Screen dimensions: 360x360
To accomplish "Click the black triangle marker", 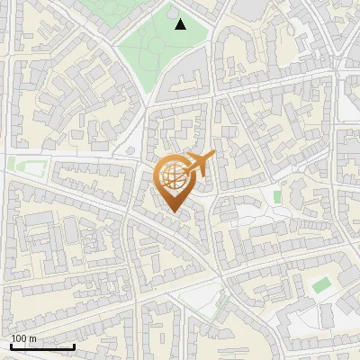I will click(x=180, y=24).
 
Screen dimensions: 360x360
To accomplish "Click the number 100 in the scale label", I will click(x=19, y=338).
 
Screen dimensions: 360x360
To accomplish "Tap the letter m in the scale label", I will click(x=32, y=338).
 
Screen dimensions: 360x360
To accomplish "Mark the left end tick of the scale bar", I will click(x=11, y=346).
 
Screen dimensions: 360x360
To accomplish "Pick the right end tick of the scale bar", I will click(x=74, y=346).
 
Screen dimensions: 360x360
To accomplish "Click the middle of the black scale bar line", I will click(x=42, y=347).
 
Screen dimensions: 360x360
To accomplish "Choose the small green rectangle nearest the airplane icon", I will click(x=277, y=195).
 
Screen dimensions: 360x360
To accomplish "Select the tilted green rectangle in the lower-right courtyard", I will click(x=321, y=285).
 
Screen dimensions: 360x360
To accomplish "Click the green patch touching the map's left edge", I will click(x=13, y=164).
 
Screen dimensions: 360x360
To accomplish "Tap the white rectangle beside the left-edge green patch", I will click(x=34, y=166).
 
